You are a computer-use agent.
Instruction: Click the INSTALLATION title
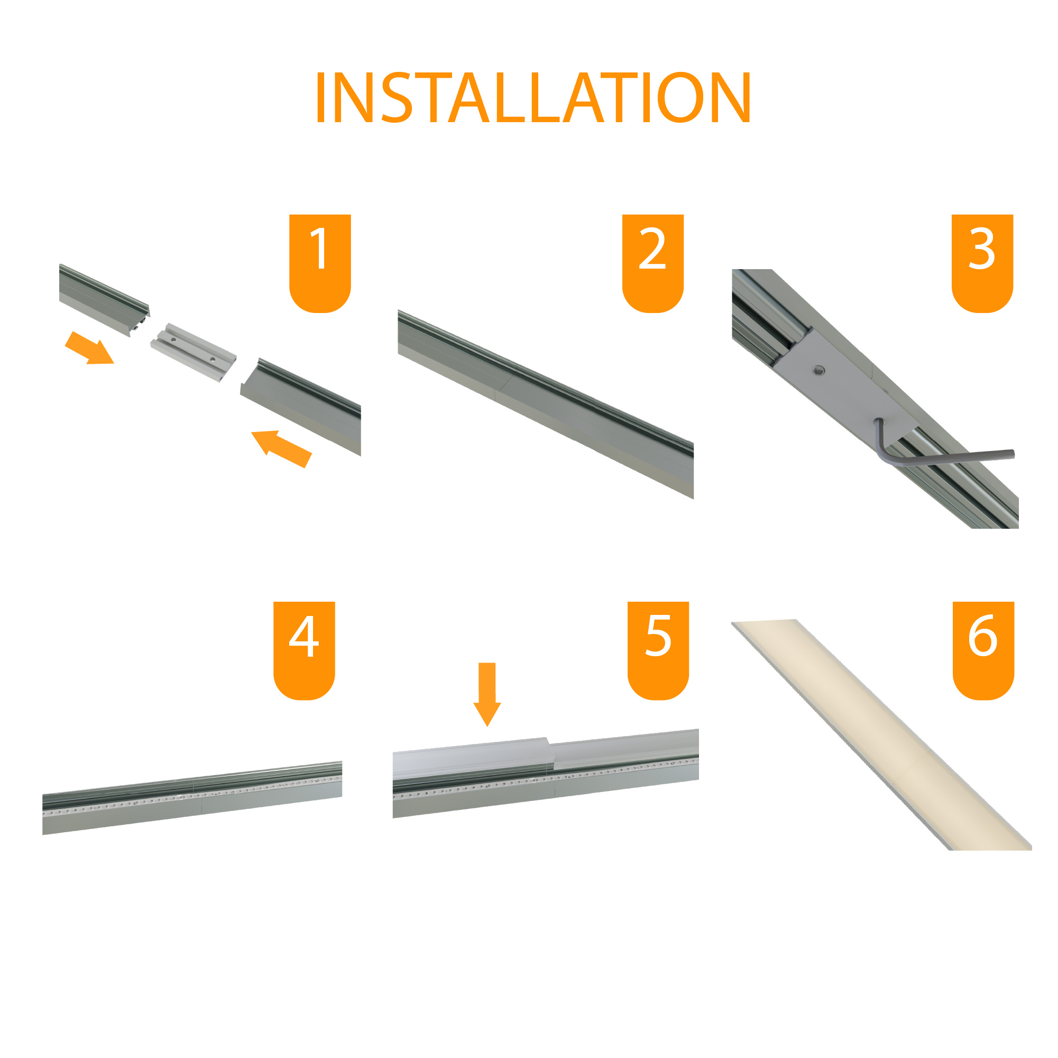pyautogui.click(x=533, y=97)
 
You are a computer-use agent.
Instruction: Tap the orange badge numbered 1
pyautogui.click(x=320, y=263)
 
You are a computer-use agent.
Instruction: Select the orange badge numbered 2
pyautogui.click(x=653, y=263)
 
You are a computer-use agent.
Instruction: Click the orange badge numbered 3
pyautogui.click(x=982, y=263)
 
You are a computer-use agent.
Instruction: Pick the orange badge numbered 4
pyautogui.click(x=304, y=650)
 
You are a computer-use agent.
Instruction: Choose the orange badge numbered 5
pyautogui.click(x=658, y=650)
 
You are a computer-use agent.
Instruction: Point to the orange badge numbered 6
pyautogui.click(x=983, y=650)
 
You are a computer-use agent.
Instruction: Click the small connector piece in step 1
pyautogui.click(x=194, y=352)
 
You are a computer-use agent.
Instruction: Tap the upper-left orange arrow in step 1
pyautogui.click(x=89, y=348)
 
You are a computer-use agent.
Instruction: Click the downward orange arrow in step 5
pyautogui.click(x=487, y=694)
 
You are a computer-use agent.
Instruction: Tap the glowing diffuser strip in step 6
pyautogui.click(x=882, y=735)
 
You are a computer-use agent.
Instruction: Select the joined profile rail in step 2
pyautogui.click(x=546, y=404)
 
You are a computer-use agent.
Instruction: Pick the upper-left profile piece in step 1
pyautogui.click(x=104, y=300)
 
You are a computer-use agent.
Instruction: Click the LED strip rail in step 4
pyautogui.click(x=192, y=797)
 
